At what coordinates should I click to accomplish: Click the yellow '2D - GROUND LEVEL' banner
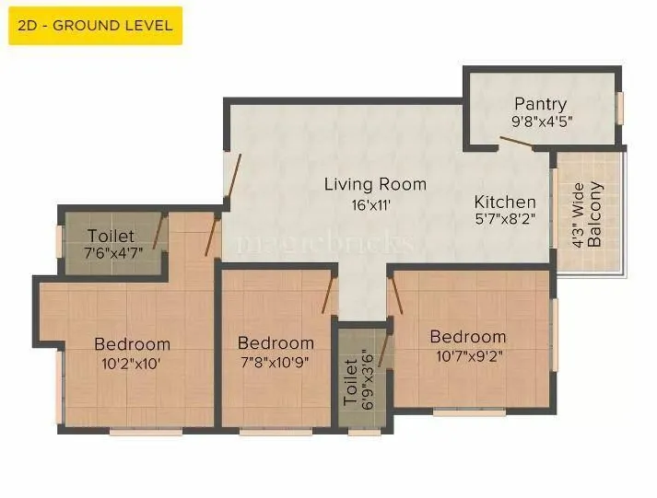(95, 26)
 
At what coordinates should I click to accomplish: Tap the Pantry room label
(541, 104)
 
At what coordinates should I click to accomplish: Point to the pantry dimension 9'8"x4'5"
(541, 122)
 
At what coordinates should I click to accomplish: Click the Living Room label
(375, 184)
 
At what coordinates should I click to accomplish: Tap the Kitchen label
(505, 202)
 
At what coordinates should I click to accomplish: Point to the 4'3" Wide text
(578, 214)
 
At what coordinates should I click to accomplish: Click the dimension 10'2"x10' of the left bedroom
(133, 363)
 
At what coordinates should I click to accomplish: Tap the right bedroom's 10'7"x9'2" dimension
(467, 354)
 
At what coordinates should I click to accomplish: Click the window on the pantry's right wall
(620, 108)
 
